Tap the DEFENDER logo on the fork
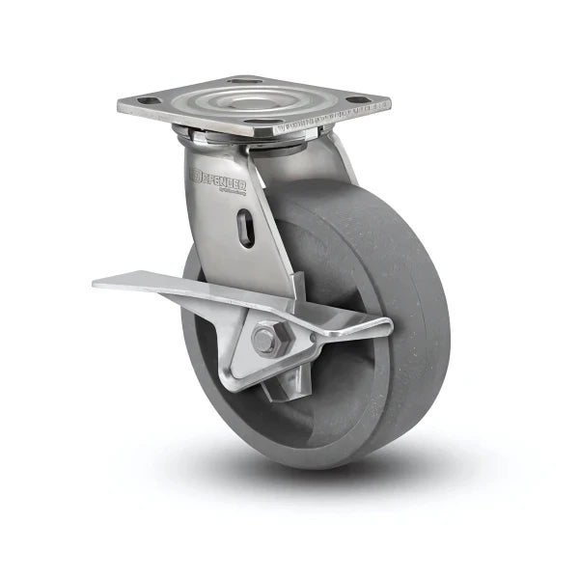219,179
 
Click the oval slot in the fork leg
248,231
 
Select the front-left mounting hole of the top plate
144,100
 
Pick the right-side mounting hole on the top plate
357,99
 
